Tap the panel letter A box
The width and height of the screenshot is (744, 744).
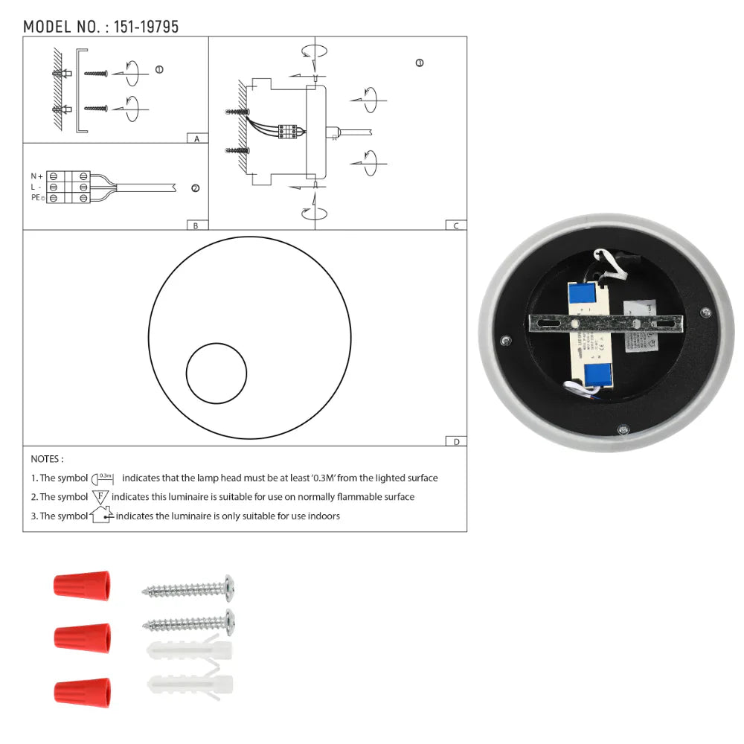[196, 138]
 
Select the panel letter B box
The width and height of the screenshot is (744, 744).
[196, 225]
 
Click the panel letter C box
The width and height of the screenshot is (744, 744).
[455, 225]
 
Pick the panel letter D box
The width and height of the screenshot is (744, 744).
[455, 441]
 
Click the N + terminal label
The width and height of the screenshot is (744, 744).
[36, 176]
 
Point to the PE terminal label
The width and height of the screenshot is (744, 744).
[36, 198]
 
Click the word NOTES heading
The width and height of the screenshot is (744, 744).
[47, 459]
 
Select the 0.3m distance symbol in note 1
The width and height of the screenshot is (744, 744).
[103, 478]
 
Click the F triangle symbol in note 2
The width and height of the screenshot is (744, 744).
[100, 496]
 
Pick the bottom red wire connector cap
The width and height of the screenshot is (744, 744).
[82, 692]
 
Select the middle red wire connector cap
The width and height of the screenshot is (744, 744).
[82, 637]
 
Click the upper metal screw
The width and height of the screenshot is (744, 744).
[190, 589]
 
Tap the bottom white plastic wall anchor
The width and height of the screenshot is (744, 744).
[190, 684]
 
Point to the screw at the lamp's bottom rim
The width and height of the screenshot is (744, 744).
[623, 429]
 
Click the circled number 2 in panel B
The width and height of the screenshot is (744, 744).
[195, 188]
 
